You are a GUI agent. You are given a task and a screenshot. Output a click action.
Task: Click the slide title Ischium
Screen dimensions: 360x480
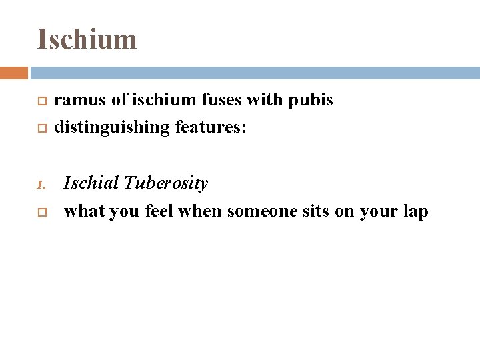[x=87, y=39]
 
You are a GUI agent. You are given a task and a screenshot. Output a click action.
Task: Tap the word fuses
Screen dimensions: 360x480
[x=221, y=101]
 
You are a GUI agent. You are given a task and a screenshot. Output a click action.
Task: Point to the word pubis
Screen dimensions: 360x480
[x=311, y=101]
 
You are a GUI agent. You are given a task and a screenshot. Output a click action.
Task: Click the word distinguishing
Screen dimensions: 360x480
[x=112, y=127]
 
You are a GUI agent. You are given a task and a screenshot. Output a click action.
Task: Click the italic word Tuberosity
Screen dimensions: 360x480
[x=166, y=183]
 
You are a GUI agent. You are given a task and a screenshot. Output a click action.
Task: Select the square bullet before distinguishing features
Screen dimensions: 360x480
[x=41, y=127]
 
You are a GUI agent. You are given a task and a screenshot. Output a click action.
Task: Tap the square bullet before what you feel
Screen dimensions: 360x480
[x=41, y=212]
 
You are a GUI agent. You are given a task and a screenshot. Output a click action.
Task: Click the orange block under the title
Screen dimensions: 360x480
[x=13, y=73]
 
